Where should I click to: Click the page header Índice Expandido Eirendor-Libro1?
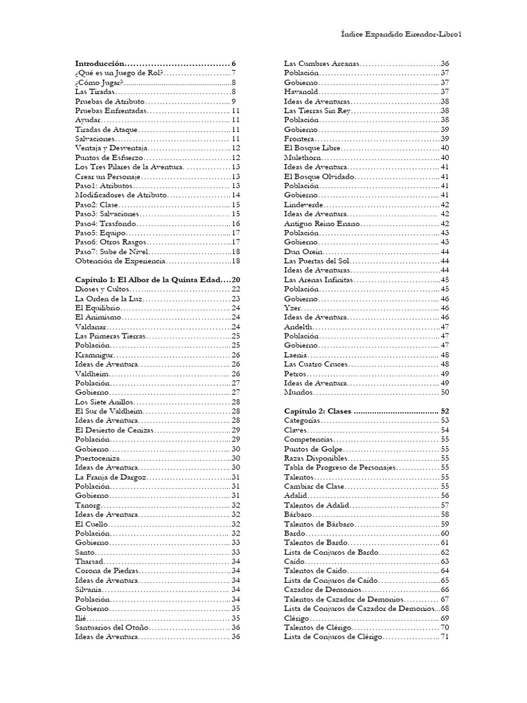point(401,34)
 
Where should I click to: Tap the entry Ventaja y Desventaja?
point(110,148)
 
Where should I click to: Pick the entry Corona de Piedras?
point(106,571)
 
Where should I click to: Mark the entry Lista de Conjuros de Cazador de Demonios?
point(360,608)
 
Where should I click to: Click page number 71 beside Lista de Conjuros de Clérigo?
point(444,636)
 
